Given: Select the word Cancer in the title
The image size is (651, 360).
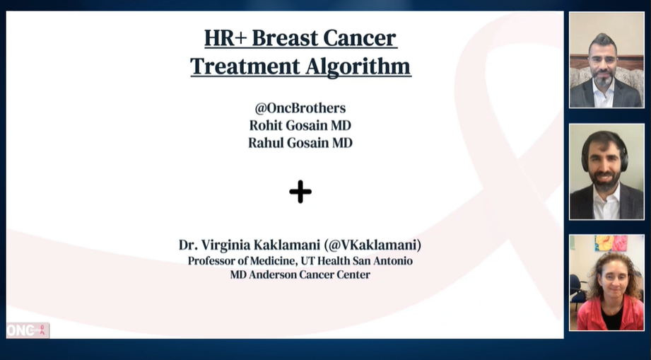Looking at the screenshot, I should tap(363, 37).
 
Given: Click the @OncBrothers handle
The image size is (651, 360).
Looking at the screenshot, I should tap(300, 108).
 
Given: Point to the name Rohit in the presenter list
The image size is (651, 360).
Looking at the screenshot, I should tap(266, 125).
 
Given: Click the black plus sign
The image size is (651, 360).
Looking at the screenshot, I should tap(300, 192).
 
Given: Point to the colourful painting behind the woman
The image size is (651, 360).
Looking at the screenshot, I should tap(611, 243).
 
